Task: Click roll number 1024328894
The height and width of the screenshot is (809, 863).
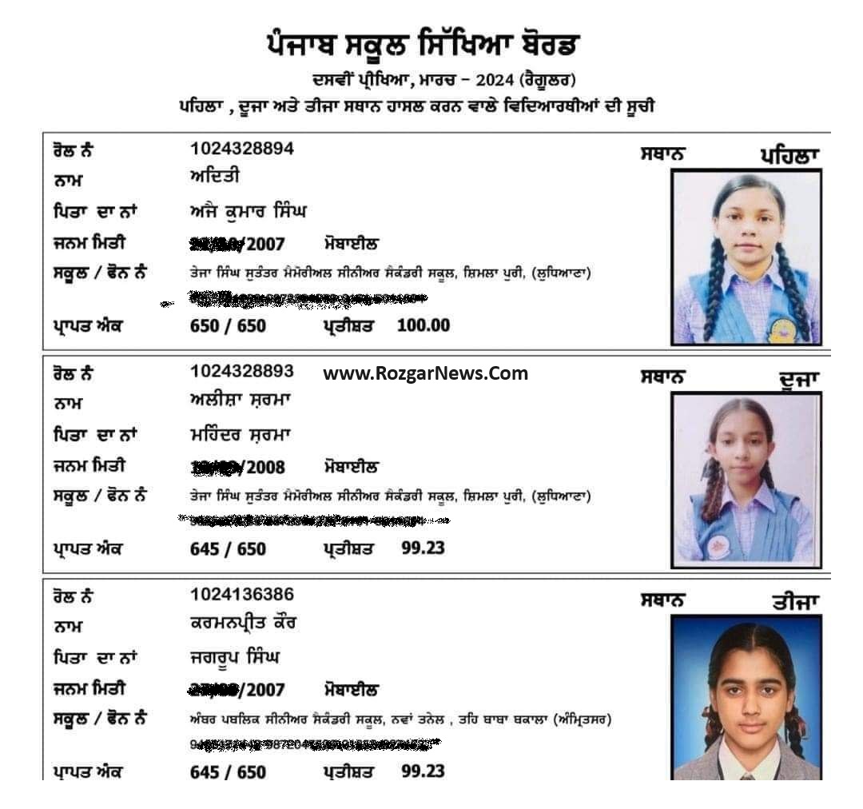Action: (x=242, y=149)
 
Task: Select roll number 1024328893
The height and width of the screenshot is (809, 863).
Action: (x=242, y=371)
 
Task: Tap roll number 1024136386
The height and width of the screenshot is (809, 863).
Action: (x=242, y=594)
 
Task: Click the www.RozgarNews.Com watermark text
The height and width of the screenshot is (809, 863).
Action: (x=425, y=373)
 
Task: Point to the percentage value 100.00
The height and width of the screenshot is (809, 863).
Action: (x=424, y=325)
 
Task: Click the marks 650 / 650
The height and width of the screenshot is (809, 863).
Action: (x=228, y=326)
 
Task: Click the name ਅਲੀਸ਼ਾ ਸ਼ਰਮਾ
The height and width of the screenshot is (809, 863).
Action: (x=240, y=401)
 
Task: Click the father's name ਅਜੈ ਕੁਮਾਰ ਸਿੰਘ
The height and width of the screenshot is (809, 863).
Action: (x=248, y=212)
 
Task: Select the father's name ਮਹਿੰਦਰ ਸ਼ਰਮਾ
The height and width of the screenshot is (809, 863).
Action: (x=240, y=435)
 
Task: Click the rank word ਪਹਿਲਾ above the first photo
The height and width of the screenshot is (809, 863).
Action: (x=789, y=156)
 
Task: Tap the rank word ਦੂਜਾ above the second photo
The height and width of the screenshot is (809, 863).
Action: (x=799, y=380)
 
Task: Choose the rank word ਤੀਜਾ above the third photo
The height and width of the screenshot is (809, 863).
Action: (x=796, y=603)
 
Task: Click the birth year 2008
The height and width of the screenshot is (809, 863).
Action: (x=265, y=468)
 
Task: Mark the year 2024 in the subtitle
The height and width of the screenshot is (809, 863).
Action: (x=493, y=80)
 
